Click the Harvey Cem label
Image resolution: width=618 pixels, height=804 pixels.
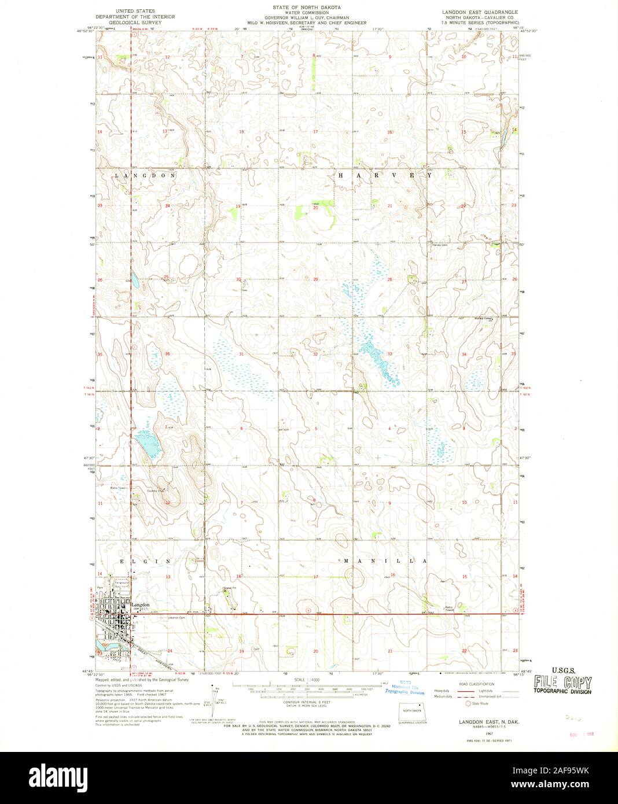tap(440, 245)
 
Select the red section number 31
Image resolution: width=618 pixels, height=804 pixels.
tap(241, 354)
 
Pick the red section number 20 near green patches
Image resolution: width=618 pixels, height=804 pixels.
tap(315, 208)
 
